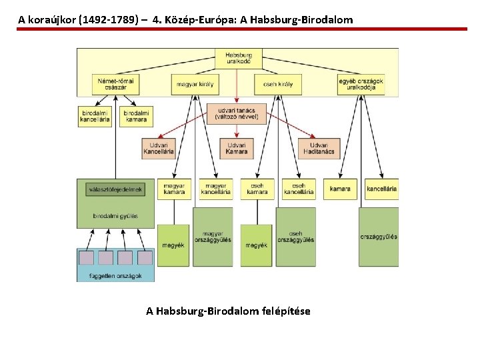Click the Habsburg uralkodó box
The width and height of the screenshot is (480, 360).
pos(238,57)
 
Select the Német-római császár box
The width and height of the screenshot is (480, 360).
pos(115,84)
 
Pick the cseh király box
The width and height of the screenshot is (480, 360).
pos(273,84)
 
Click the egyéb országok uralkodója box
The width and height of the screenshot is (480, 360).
pos(361,84)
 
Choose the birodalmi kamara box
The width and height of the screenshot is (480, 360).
pos(136,116)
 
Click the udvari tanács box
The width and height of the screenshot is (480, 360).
pos(236,113)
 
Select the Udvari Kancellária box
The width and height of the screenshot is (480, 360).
pos(159,148)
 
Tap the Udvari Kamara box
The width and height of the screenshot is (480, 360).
pos(237,148)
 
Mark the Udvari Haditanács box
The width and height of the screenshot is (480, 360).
pos(319,148)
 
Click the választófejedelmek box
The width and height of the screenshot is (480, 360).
pos(115,189)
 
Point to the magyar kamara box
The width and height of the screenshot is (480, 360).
pos(174,189)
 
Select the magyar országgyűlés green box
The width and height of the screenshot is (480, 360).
pos(213,237)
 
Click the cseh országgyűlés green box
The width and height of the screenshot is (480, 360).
pos(295,237)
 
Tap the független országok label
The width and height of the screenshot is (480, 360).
pos(115,275)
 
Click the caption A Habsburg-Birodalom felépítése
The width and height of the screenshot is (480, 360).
pos(228,311)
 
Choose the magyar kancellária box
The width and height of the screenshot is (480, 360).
pos(215,189)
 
